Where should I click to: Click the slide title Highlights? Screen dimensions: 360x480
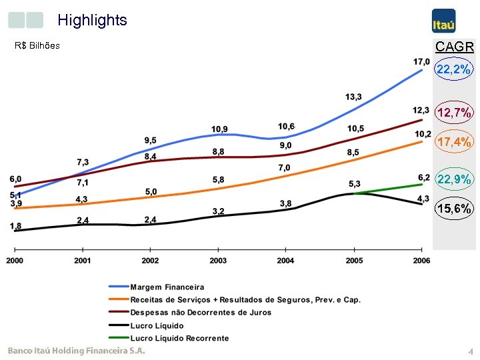(x=92, y=20)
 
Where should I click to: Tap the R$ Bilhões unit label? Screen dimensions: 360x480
(x=37, y=46)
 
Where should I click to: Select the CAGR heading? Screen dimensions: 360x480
(x=454, y=47)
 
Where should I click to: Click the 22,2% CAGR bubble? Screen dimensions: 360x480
(x=454, y=69)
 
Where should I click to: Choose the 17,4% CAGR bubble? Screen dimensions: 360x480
(x=454, y=142)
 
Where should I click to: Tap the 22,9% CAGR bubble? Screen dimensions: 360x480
(x=454, y=179)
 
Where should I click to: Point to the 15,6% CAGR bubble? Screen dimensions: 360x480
(x=454, y=209)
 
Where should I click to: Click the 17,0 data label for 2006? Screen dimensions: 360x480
(x=421, y=62)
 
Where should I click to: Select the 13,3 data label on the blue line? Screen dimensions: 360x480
(x=354, y=98)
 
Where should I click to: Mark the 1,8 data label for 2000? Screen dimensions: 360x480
(x=15, y=226)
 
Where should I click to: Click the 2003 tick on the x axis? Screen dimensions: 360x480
(x=218, y=260)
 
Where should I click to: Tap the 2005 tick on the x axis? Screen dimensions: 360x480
(x=354, y=260)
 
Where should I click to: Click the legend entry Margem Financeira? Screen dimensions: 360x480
(x=167, y=287)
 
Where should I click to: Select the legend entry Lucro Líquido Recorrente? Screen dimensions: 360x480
(x=179, y=338)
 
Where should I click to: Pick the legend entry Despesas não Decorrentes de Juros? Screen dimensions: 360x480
(x=201, y=312)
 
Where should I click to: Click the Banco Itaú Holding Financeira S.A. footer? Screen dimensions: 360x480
(x=76, y=351)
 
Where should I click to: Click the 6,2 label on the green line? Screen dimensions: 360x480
(x=424, y=177)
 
